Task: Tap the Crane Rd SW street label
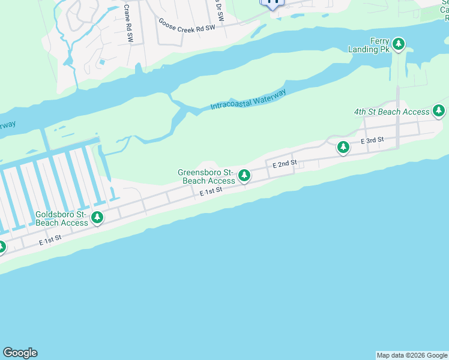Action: pos(128,23)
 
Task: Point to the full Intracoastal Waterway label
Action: pos(248,100)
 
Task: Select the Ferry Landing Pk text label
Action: pos(369,45)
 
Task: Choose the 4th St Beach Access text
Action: pos(392,112)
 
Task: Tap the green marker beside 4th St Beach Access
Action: pos(439,110)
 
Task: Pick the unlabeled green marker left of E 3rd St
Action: pos(343,146)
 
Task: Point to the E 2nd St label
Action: pos(285,163)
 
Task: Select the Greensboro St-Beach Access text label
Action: pos(206,176)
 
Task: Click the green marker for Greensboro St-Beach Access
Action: pos(244,176)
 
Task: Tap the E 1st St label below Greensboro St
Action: pos(211,191)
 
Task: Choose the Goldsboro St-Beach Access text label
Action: pos(62,218)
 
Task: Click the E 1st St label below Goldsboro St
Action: pos(50,241)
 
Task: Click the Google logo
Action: pos(20,353)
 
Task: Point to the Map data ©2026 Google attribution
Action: pos(412,355)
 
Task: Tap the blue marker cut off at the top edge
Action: pos(273,3)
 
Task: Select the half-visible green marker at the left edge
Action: pos(2,247)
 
